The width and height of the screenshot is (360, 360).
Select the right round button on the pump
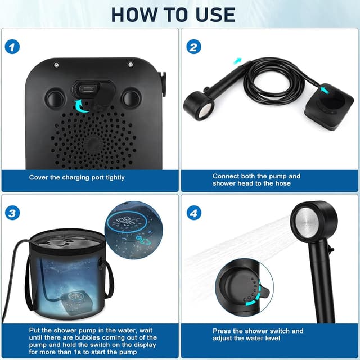click(x=130, y=97)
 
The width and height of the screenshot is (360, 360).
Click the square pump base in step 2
click(x=329, y=107)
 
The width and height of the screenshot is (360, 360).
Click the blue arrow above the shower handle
click(x=238, y=61)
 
